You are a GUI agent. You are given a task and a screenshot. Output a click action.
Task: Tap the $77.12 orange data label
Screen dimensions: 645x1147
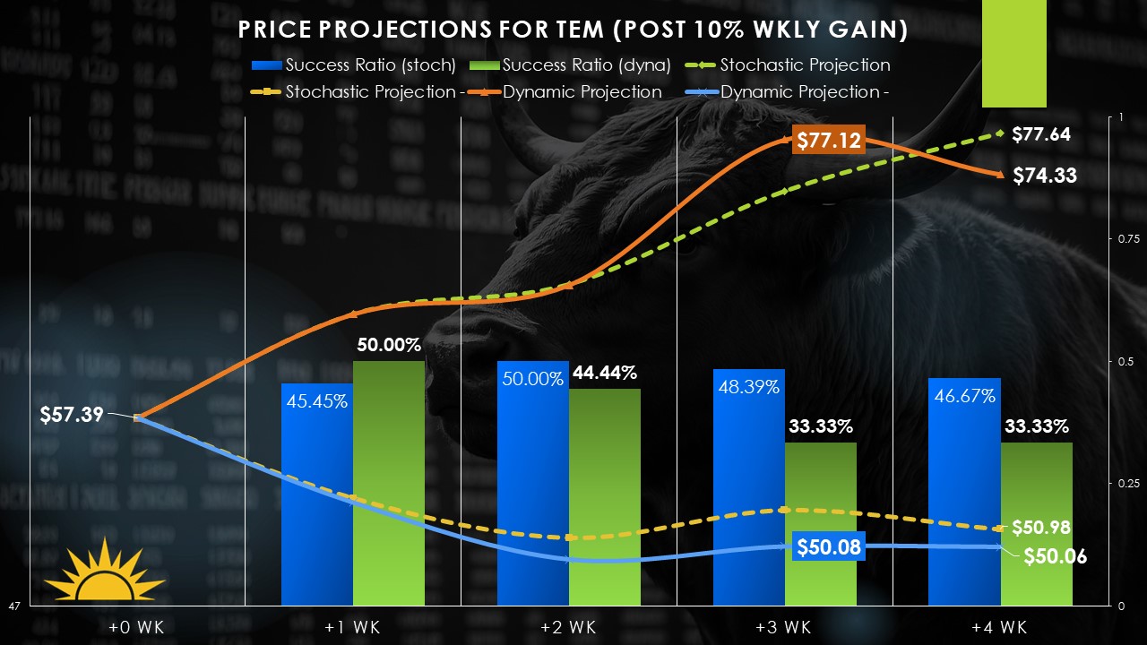click(828, 140)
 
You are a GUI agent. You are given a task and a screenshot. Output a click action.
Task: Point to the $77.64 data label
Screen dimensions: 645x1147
click(1041, 134)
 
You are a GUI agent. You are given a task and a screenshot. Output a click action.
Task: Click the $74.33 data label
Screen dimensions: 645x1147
click(1045, 176)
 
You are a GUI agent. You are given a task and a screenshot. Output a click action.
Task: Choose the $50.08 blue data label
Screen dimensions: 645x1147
click(830, 546)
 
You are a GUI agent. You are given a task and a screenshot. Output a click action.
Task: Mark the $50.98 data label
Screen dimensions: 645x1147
click(1041, 528)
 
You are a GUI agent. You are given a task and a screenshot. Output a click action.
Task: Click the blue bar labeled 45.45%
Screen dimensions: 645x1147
click(316, 502)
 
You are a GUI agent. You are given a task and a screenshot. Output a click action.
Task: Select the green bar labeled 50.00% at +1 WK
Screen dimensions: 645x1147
click(388, 484)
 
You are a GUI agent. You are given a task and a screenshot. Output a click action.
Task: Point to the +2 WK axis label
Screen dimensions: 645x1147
click(568, 625)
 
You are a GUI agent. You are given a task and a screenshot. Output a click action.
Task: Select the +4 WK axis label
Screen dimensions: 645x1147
click(1000, 625)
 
